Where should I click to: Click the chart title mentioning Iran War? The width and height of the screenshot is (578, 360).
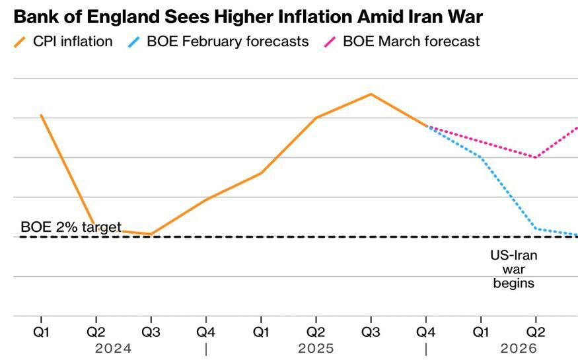pos(248,15)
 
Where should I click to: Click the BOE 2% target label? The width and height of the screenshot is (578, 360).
pos(71,227)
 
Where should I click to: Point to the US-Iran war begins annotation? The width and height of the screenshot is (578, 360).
pos(513,269)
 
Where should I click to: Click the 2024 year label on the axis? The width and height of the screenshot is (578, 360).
pos(113,347)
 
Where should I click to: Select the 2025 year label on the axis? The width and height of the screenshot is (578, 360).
pos(316,347)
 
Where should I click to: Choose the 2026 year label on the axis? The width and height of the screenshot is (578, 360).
pos(519,347)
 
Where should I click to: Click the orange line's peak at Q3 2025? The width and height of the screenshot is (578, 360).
pos(371,94)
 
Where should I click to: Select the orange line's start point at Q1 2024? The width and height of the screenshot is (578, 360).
pos(42,116)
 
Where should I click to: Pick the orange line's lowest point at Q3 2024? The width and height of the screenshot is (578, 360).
pos(151,234)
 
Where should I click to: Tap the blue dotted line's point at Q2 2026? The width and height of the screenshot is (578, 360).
pos(535,229)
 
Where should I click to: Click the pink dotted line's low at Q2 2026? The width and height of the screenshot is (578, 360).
pos(535,157)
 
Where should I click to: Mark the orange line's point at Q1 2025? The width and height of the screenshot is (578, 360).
pos(261,173)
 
